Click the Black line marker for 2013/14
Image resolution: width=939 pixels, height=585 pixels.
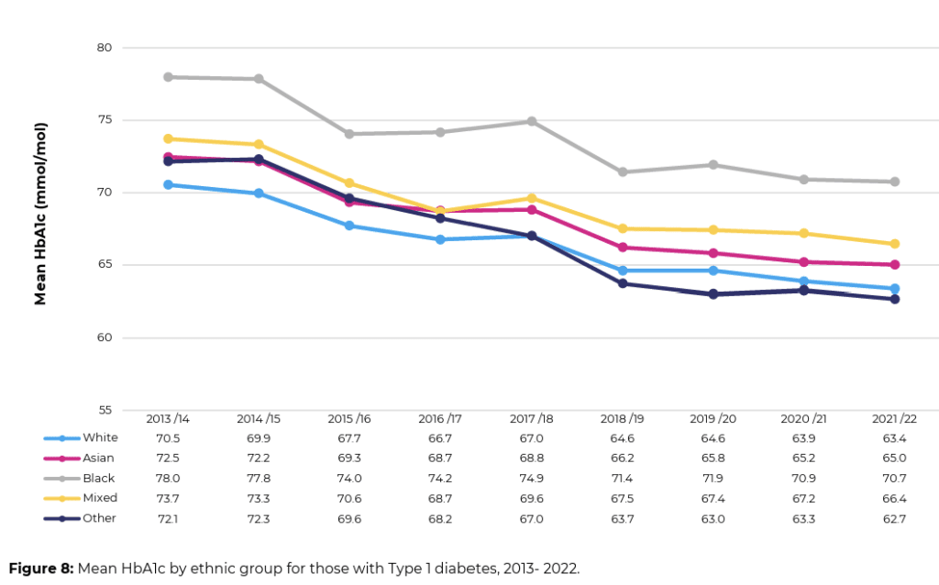click(x=168, y=77)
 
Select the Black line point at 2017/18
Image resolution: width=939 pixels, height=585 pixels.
click(x=531, y=121)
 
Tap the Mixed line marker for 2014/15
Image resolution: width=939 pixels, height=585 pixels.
click(x=259, y=144)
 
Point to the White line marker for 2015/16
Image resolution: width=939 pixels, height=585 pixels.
click(x=349, y=226)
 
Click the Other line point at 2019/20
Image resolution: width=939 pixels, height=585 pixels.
click(x=713, y=294)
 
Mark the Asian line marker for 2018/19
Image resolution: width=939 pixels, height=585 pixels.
click(x=622, y=248)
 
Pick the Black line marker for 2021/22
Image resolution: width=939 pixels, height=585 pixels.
click(x=894, y=182)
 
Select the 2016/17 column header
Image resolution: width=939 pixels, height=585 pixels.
click(x=440, y=418)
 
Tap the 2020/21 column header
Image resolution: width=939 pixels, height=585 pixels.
click(x=803, y=418)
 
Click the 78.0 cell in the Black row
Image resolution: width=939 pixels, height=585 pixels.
click(x=168, y=479)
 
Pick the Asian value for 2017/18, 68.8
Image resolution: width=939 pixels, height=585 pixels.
click(x=531, y=458)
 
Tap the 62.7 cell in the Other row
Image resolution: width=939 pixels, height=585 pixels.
click(x=894, y=519)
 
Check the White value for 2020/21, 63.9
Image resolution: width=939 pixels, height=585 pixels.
click(x=803, y=438)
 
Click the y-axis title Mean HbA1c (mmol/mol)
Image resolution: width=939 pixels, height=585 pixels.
click(x=41, y=214)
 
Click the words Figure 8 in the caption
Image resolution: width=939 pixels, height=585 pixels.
click(x=41, y=568)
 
